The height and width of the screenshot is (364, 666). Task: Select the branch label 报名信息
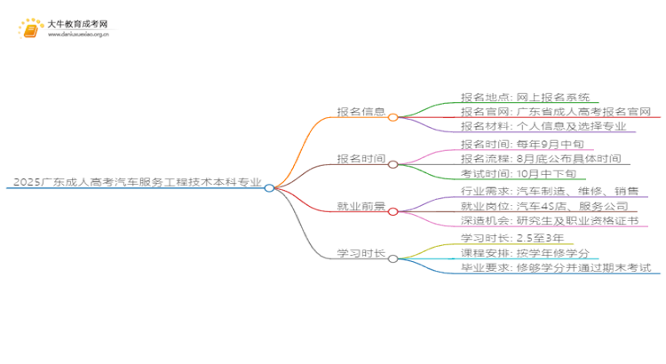361,112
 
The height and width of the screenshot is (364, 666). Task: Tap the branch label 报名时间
361,159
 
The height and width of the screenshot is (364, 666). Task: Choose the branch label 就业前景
361,206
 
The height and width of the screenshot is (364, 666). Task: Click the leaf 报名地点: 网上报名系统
528,97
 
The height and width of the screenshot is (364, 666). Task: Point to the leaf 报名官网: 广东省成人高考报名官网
556,112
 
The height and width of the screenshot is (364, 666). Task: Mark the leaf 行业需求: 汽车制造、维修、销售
549,191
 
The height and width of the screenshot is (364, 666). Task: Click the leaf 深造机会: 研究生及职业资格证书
549,221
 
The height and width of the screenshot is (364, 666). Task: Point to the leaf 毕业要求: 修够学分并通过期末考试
556,268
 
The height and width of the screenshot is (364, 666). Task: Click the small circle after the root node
269,187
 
